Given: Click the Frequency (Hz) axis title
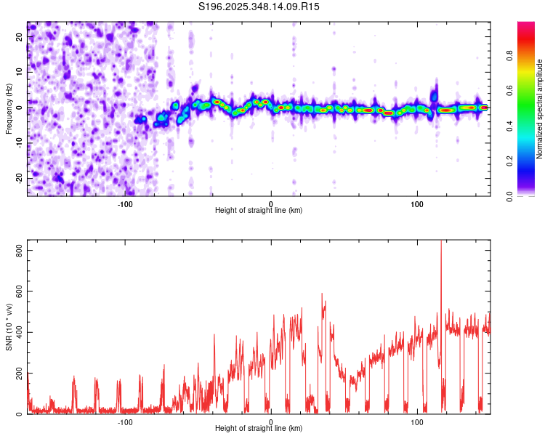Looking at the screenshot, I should tap(9, 108).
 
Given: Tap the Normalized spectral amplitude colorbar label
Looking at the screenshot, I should tap(540, 110).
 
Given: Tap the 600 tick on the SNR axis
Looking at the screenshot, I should tap(18, 291).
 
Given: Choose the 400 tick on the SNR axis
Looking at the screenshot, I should tap(18, 332).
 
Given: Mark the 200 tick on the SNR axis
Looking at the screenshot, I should tap(18, 374).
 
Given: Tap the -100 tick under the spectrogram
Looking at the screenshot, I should tap(125, 204).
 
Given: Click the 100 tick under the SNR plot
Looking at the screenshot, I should tap(417, 422).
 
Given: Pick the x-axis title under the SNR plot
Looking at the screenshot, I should tap(259, 429).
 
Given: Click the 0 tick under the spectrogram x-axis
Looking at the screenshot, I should tap(271, 204).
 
